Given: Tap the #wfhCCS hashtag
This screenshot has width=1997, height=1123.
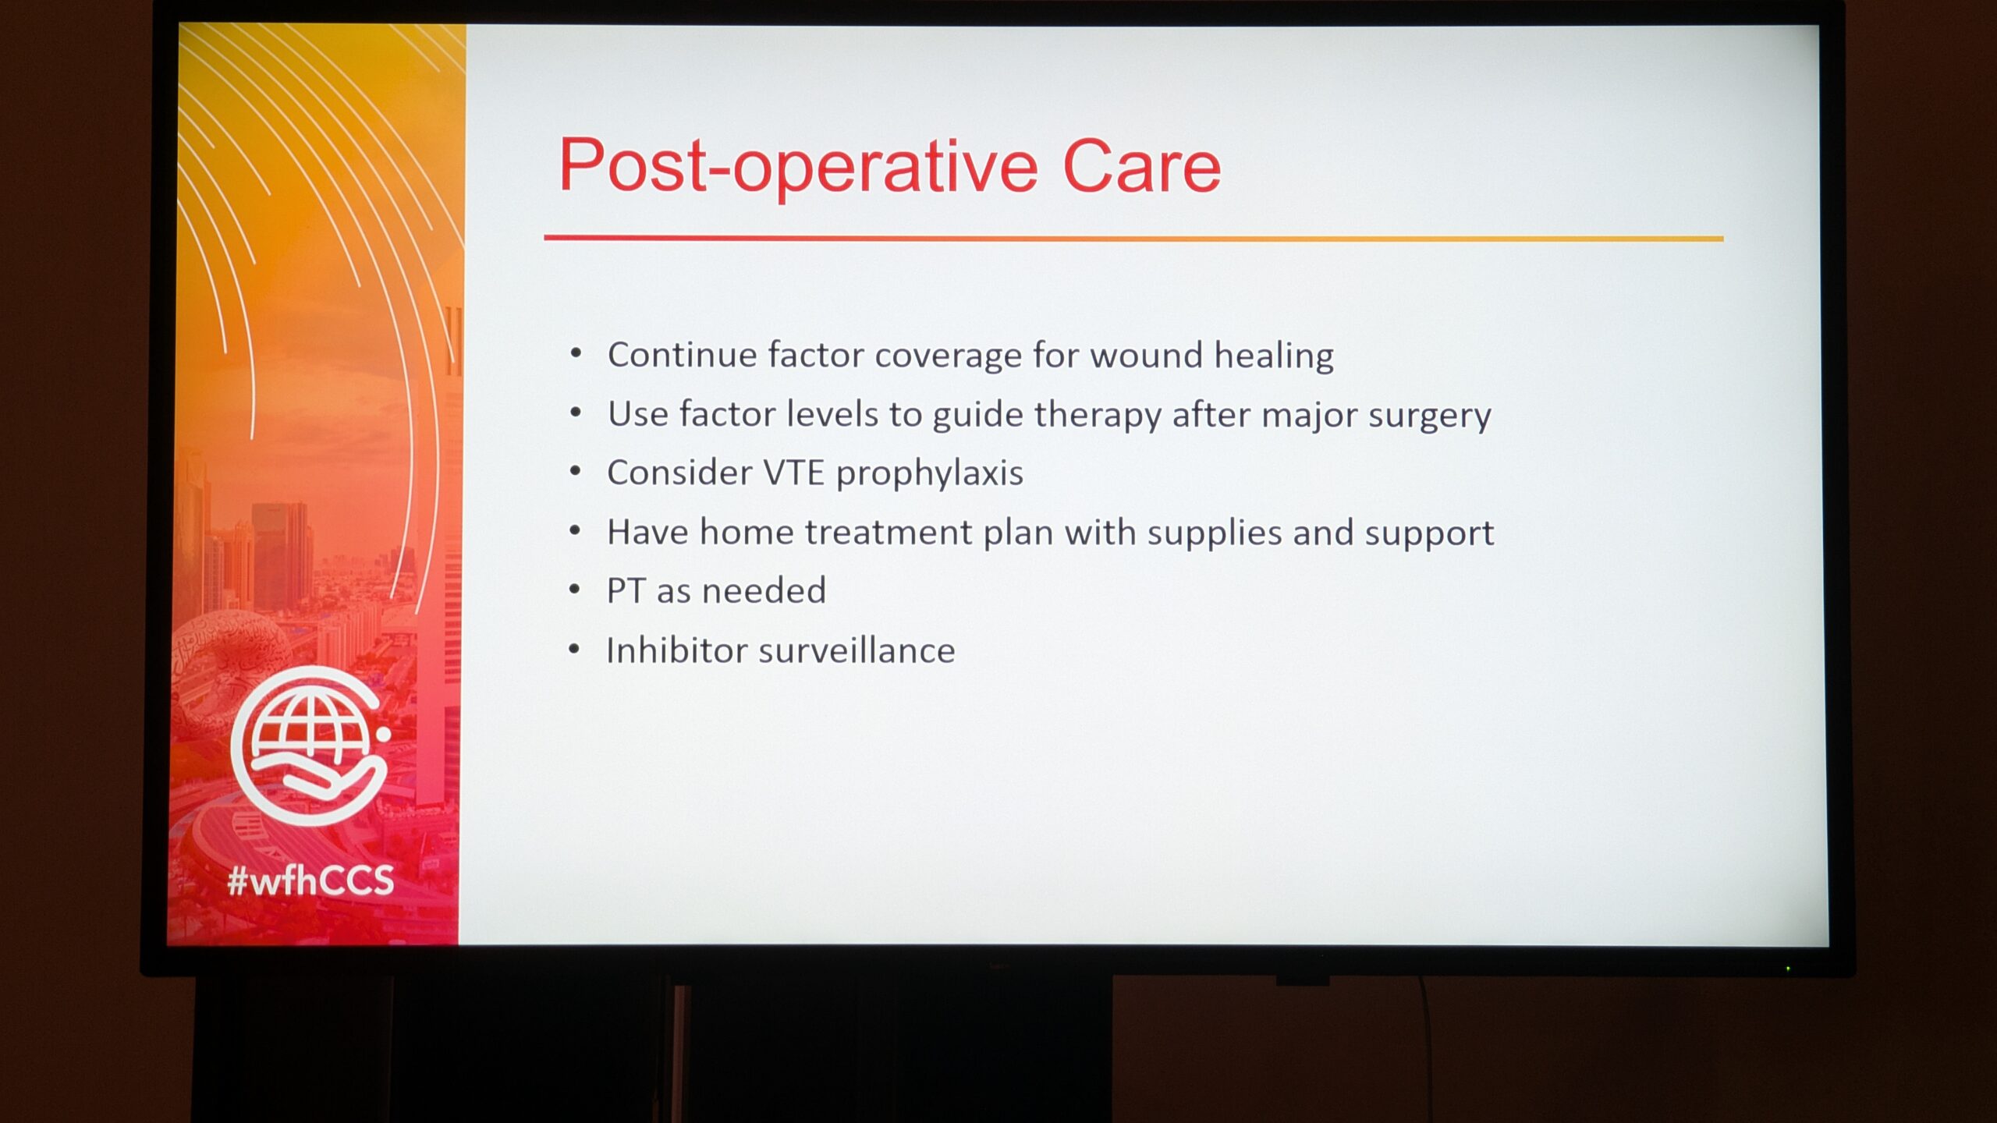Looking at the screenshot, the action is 310,880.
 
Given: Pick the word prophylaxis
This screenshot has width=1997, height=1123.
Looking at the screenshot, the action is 929,474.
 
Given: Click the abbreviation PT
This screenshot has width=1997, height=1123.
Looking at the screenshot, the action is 626,590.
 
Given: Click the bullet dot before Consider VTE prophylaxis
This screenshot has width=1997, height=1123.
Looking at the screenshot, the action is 576,471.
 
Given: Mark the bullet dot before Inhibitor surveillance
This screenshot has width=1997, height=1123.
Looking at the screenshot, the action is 575,649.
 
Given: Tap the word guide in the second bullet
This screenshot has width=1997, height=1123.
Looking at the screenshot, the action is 978,416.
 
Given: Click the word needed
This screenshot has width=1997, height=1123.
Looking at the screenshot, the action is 764,590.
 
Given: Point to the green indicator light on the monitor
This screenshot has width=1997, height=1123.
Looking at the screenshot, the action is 1788,969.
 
